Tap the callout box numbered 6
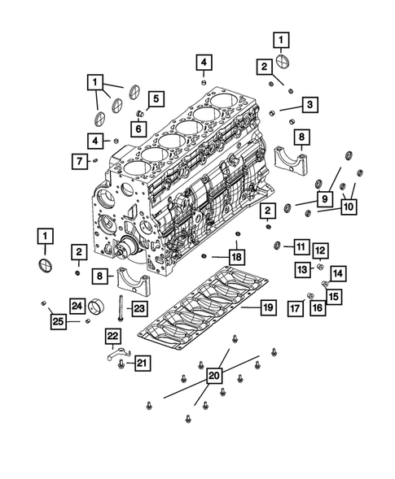138,127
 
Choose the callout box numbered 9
323,198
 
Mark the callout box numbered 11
301,246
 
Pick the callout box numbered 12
320,250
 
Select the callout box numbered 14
338,274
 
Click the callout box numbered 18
236,257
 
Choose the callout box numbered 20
214,375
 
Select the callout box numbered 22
112,335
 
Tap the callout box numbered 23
138,307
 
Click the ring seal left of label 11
279,246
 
